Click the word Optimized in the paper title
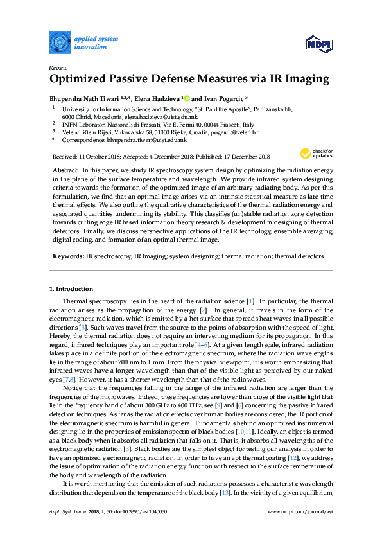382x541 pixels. coord(83,80)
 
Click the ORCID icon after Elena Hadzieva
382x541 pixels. coord(186,98)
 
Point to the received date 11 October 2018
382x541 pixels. coord(99,156)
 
